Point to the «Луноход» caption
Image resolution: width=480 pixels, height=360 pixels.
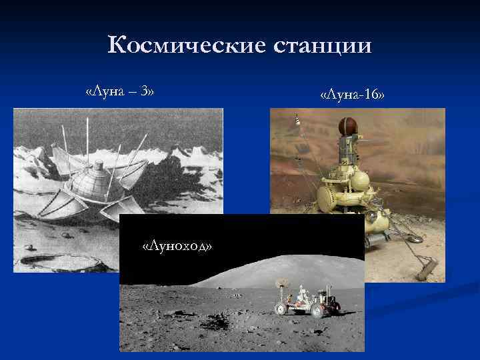tap(177, 247)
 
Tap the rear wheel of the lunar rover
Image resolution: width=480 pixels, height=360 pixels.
tap(317, 309)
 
